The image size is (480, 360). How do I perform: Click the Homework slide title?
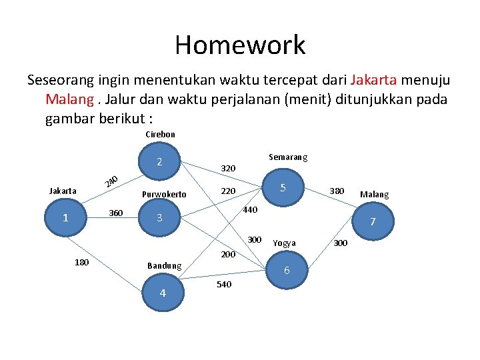(x=240, y=45)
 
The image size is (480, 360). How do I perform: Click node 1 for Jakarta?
(x=65, y=218)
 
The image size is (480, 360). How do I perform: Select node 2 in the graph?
(x=159, y=162)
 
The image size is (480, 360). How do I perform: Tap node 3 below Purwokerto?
(x=159, y=218)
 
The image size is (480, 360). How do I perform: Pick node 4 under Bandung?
(x=162, y=293)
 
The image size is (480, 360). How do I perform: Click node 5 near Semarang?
(x=283, y=188)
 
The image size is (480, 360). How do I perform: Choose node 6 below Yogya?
(x=287, y=270)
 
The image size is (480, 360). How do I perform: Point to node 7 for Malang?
(x=373, y=221)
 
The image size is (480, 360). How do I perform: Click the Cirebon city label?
(x=160, y=134)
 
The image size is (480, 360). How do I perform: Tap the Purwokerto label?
(x=164, y=195)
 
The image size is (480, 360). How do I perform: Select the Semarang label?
(x=288, y=157)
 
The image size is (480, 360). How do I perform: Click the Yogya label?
(x=285, y=243)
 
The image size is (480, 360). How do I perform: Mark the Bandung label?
(x=164, y=265)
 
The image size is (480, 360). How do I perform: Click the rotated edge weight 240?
(x=111, y=181)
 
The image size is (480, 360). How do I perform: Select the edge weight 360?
(x=115, y=213)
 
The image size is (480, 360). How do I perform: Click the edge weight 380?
(x=337, y=191)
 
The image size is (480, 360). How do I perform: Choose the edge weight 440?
(x=249, y=210)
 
